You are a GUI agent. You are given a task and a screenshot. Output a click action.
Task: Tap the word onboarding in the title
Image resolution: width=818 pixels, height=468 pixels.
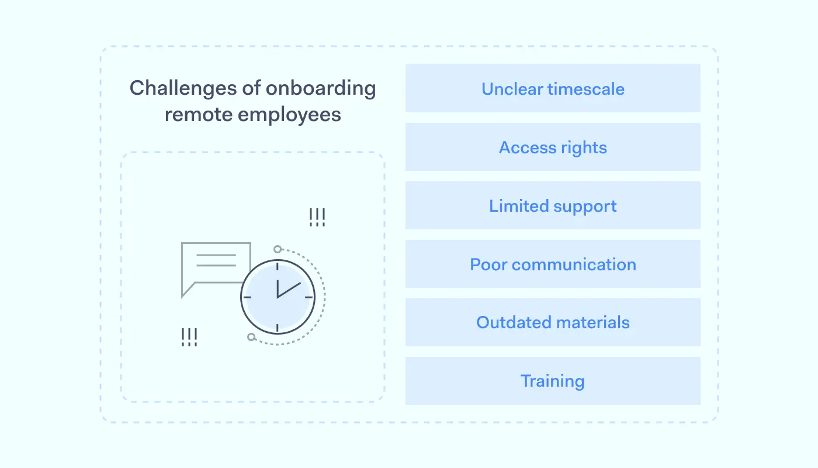tap(321, 88)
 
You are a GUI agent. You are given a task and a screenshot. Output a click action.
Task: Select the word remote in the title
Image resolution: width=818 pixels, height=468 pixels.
tap(199, 115)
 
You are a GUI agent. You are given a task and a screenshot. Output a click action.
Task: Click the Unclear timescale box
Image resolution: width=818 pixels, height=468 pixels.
tap(553, 88)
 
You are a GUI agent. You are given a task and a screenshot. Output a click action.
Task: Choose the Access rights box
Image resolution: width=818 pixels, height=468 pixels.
tap(553, 147)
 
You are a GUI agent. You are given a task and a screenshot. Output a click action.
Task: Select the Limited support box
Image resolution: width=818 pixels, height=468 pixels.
tap(553, 205)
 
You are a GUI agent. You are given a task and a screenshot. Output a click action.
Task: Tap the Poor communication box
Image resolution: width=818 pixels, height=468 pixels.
tap(553, 264)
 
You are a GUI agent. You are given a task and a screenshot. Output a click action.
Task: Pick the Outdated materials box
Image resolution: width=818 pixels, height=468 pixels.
tap(553, 322)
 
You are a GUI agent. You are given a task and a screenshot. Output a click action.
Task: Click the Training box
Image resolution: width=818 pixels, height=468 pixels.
tap(553, 381)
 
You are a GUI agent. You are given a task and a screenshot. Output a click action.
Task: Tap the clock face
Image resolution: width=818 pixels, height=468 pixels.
tap(278, 297)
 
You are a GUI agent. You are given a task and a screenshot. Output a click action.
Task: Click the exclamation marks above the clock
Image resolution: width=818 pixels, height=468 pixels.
tap(317, 218)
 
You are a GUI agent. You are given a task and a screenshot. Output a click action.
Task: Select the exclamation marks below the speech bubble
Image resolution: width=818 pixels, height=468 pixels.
tap(189, 337)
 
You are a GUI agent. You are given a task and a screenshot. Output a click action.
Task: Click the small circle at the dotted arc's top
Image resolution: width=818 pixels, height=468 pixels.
tap(278, 249)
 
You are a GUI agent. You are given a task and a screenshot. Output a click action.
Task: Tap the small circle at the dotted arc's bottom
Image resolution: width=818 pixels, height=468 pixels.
tap(251, 337)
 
